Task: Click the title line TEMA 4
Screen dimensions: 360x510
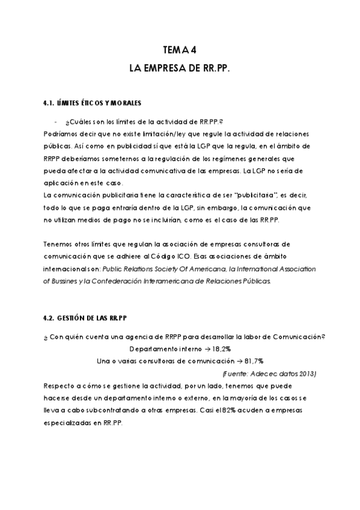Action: tap(180, 51)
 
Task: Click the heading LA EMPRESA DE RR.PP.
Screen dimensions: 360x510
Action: tap(180, 69)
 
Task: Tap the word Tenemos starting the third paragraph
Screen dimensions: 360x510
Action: tap(58, 244)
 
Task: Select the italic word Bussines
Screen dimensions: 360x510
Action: tap(65, 280)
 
